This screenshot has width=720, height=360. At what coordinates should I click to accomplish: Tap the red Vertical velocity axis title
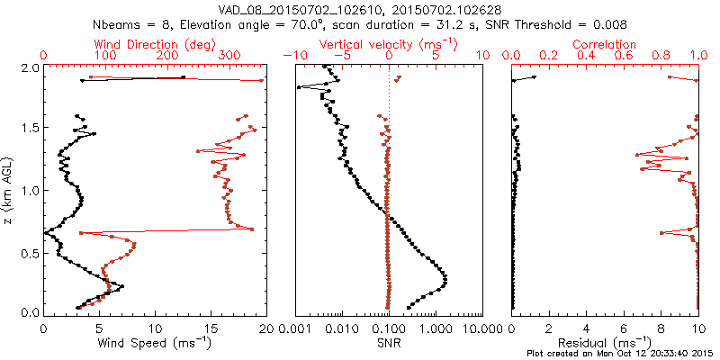388,44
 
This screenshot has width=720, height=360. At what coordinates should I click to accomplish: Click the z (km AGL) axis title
9,189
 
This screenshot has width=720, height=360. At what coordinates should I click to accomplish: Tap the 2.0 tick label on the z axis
29,67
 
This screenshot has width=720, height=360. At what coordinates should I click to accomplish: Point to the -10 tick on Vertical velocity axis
293,56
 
